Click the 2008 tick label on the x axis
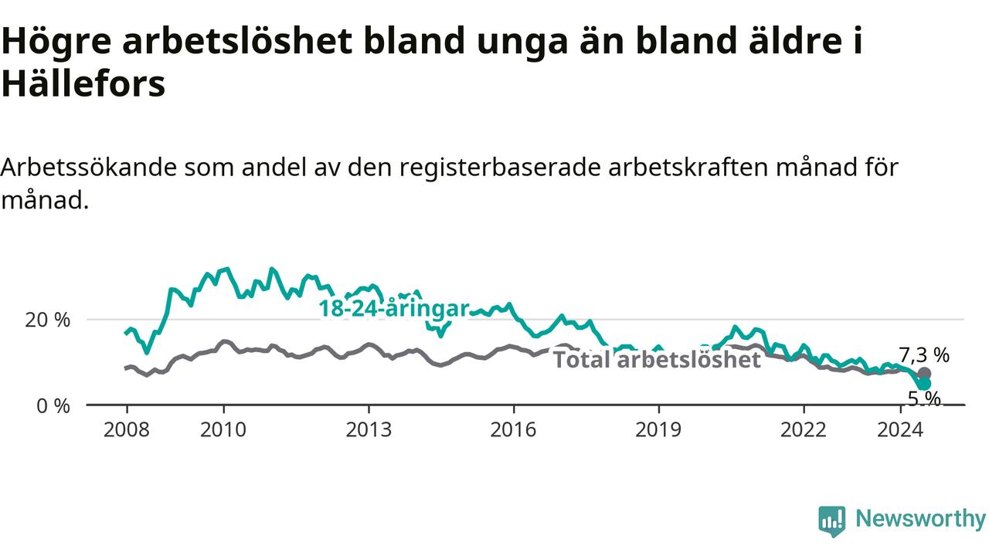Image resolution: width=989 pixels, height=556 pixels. (x=126, y=430)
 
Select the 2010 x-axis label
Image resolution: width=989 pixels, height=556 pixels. (x=223, y=430)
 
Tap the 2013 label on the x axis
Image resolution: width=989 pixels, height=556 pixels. (x=369, y=430)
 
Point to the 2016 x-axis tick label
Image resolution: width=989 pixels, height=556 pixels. (x=514, y=430)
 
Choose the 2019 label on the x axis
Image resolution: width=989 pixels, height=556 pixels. (x=658, y=430)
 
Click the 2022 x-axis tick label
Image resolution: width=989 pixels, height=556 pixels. (x=804, y=430)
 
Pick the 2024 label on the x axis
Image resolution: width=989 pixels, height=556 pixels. (x=900, y=430)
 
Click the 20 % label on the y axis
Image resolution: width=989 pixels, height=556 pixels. (x=47, y=320)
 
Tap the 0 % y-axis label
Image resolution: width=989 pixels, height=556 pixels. (x=53, y=406)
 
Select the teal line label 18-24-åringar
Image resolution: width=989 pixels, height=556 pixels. (x=394, y=309)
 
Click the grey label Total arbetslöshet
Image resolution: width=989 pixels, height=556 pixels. (x=657, y=359)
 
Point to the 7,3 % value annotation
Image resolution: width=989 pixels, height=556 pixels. (x=924, y=354)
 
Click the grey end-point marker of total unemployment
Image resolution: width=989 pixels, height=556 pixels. (x=925, y=374)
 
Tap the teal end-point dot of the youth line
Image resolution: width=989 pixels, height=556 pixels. (x=925, y=384)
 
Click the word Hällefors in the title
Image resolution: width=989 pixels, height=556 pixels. (x=83, y=83)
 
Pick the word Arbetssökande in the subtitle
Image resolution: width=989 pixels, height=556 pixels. (x=89, y=168)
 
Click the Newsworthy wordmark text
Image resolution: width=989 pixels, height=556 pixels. (x=920, y=520)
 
